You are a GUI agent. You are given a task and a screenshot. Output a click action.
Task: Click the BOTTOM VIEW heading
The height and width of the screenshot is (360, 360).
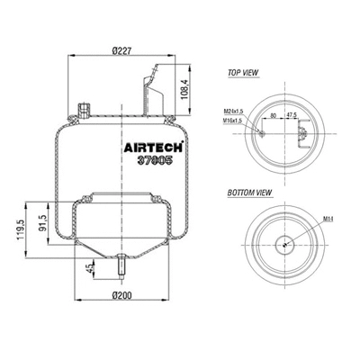pos(251,192)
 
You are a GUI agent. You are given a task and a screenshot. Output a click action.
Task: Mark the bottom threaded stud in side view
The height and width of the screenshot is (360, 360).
pos(120,266)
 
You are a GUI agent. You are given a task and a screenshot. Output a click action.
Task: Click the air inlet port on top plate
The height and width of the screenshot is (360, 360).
pos(83,110)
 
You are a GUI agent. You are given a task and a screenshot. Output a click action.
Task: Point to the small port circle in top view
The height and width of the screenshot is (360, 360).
pos(261,133)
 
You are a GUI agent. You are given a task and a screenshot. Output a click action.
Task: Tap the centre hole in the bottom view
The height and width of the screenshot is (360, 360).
pos(285,242)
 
